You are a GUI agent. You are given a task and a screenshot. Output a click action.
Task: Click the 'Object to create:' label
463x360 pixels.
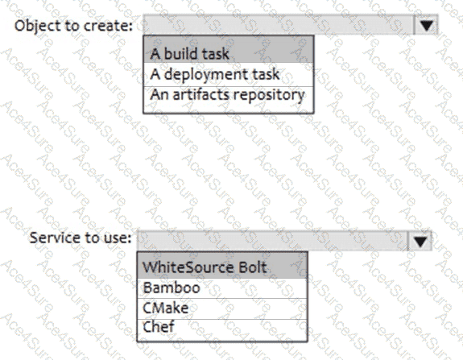pos(73,26)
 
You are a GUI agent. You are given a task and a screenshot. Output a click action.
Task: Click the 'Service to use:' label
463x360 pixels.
pos(81,238)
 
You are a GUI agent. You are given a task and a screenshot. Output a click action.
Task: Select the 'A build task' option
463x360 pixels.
pos(228,54)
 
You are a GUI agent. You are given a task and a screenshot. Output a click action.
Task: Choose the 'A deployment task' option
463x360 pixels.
pos(228,74)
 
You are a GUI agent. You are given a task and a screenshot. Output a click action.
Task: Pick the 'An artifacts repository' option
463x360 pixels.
pos(228,95)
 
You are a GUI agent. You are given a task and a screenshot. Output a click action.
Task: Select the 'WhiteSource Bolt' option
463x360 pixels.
pos(222,267)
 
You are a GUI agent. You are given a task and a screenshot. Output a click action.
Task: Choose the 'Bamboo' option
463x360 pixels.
pos(222,288)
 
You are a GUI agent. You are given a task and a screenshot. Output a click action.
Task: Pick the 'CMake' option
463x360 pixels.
pos(222,308)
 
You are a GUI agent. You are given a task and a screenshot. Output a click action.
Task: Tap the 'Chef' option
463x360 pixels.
pos(222,327)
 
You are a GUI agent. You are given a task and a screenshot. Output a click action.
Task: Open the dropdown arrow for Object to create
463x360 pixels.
pos(426,25)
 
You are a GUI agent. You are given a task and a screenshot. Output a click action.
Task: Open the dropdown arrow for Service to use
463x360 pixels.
pos(420,241)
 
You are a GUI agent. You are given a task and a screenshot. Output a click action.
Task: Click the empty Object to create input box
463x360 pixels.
pos(279,25)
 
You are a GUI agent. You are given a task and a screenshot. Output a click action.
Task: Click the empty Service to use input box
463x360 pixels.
pos(273,241)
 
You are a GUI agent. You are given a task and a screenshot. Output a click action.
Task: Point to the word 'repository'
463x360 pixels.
pos(269,96)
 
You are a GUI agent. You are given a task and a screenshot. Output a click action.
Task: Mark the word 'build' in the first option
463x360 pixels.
pos(180,54)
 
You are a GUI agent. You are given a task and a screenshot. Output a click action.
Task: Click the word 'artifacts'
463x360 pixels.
pos(200,95)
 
